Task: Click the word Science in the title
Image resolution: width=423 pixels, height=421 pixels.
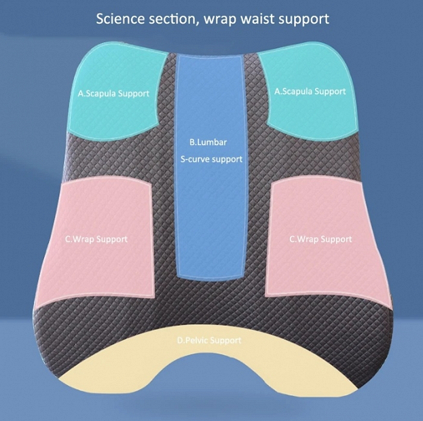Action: (x=119, y=19)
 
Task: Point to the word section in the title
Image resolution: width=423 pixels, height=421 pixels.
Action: (x=173, y=20)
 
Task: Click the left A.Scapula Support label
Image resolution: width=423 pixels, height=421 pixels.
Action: (x=113, y=94)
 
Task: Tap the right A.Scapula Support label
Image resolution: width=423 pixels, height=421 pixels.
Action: (x=310, y=92)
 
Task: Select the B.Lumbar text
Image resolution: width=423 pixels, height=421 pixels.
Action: (x=208, y=142)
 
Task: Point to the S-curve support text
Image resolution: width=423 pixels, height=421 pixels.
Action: (x=211, y=160)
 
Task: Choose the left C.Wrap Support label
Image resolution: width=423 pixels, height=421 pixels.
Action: (x=96, y=240)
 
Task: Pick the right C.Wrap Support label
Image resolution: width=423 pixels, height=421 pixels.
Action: (x=320, y=240)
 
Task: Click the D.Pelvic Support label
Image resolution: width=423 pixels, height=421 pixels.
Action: (x=209, y=341)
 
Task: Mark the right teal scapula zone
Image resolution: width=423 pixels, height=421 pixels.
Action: (x=310, y=90)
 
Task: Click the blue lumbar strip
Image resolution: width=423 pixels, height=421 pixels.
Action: (x=210, y=167)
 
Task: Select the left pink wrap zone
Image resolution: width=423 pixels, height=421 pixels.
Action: (x=97, y=240)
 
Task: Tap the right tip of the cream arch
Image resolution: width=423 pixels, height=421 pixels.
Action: (x=358, y=389)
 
